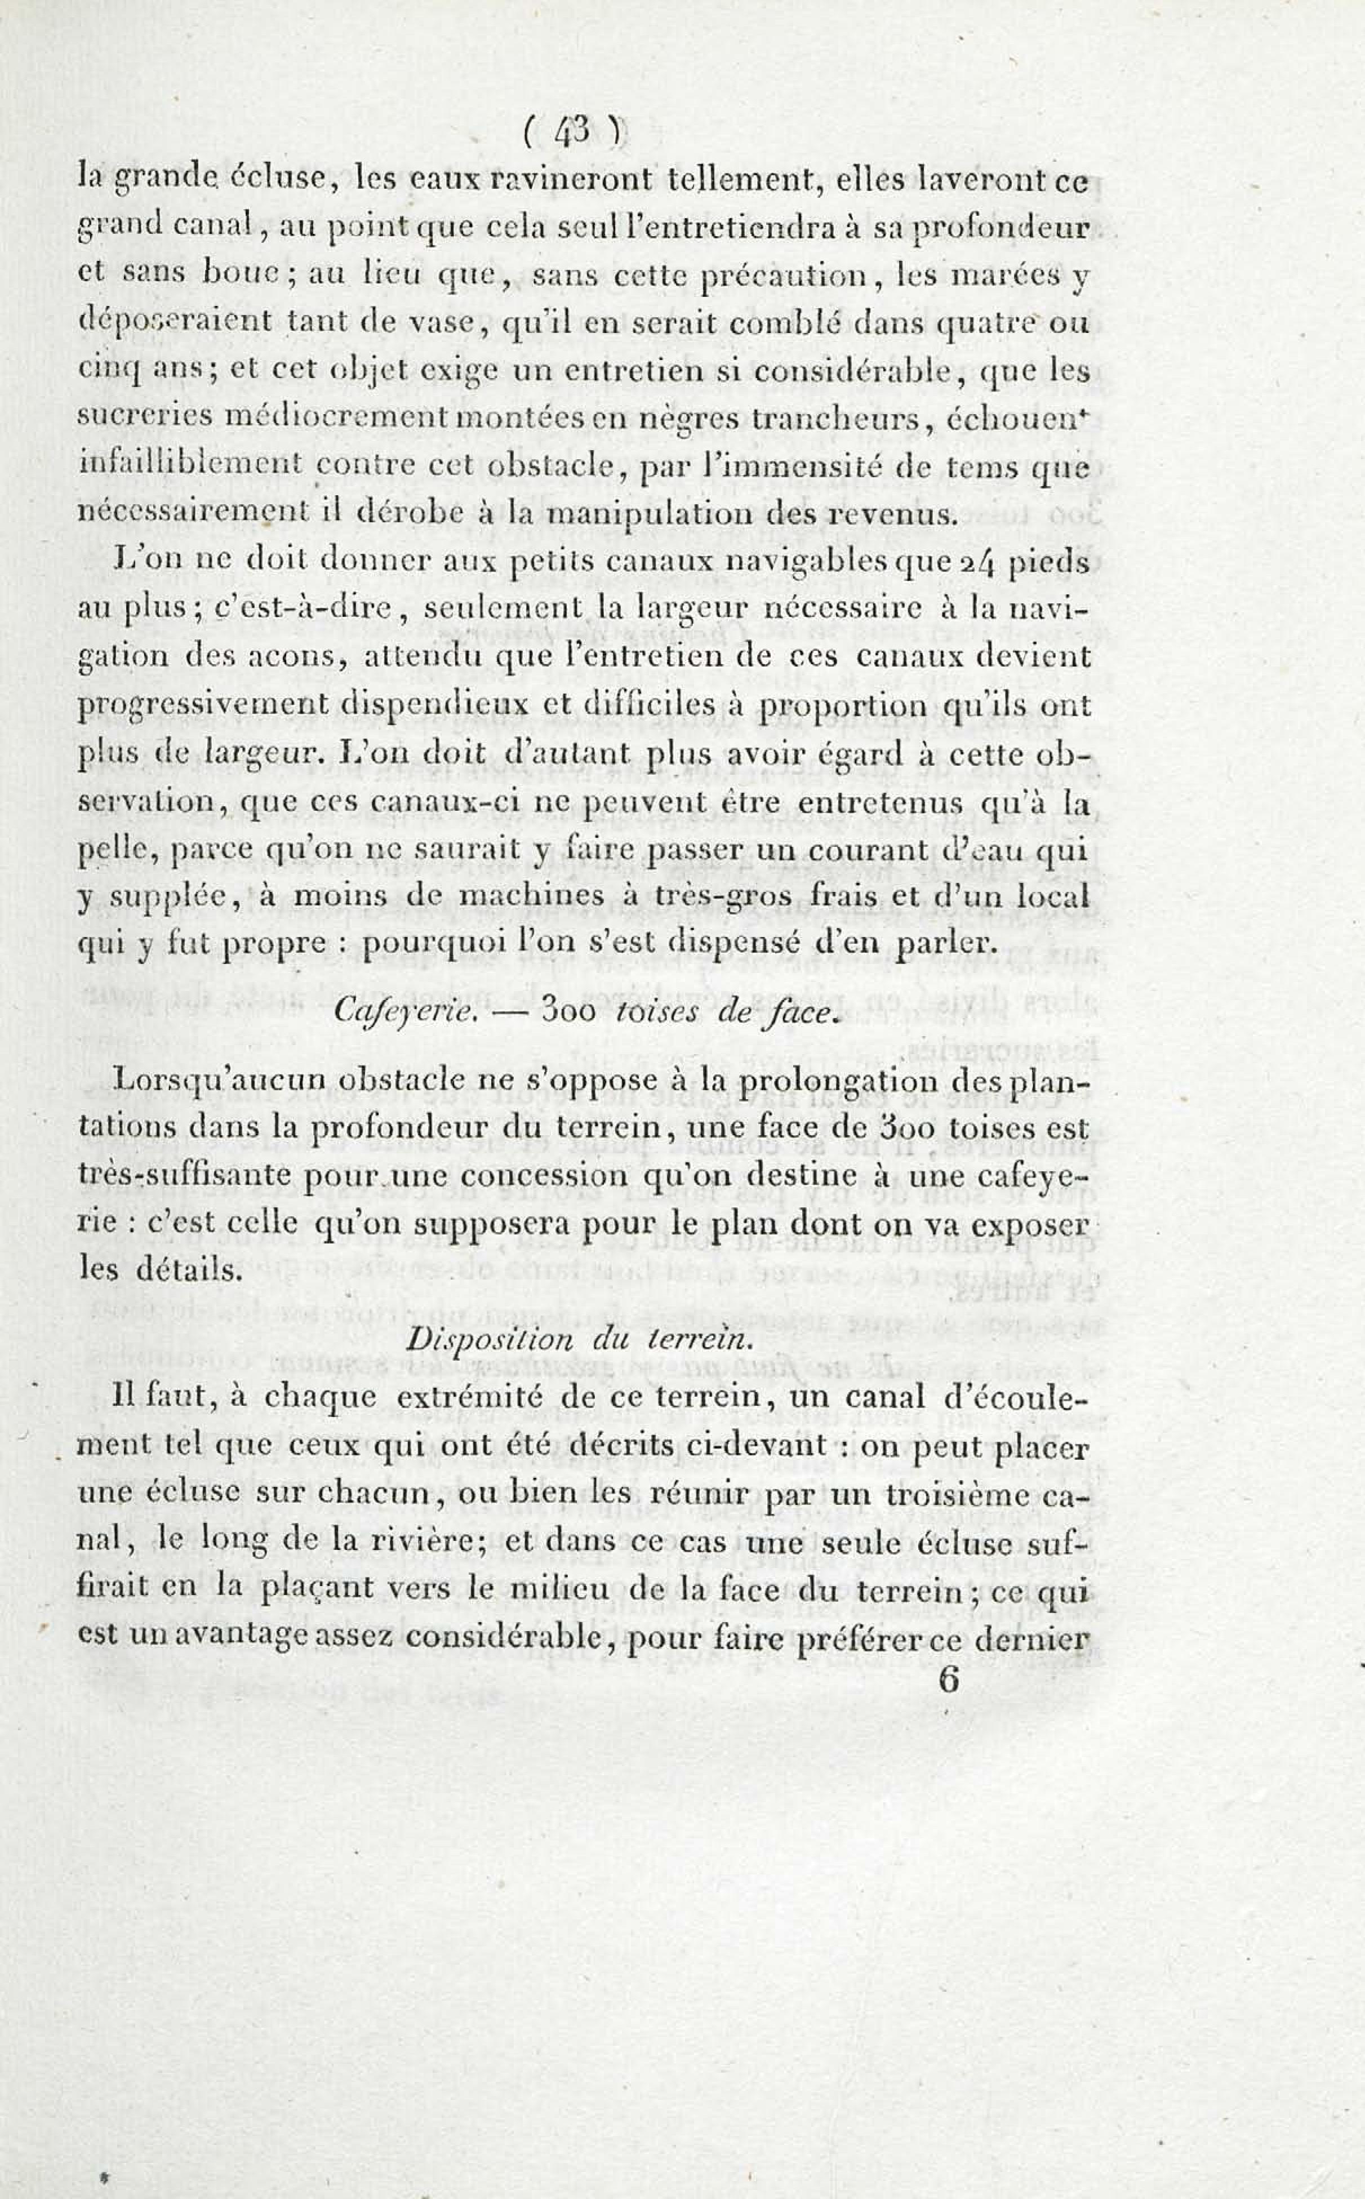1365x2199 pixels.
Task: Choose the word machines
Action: pyautogui.click(x=537, y=896)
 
